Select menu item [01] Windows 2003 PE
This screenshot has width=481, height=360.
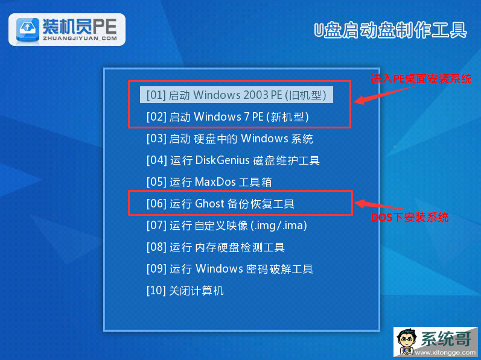pyautogui.click(x=236, y=95)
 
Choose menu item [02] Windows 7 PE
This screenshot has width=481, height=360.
pyautogui.click(x=228, y=117)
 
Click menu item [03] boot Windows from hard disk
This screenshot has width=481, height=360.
pyautogui.click(x=230, y=139)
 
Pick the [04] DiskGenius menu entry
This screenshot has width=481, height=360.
pyautogui.click(x=233, y=160)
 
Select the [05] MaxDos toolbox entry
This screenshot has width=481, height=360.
pyautogui.click(x=209, y=182)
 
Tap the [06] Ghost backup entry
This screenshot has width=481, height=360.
pyautogui.click(x=220, y=204)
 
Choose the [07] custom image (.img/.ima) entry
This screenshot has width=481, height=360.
pyautogui.click(x=227, y=226)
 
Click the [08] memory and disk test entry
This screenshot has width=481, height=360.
pyautogui.click(x=215, y=247)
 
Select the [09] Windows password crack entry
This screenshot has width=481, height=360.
pyautogui.click(x=230, y=269)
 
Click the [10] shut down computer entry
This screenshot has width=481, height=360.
pyautogui.click(x=185, y=291)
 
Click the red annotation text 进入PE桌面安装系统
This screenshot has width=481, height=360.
pyautogui.click(x=421, y=79)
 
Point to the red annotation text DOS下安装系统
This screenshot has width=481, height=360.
pyautogui.click(x=410, y=218)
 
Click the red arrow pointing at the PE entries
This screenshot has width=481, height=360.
pyautogui.click(x=385, y=93)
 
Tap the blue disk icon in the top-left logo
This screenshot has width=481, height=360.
pyautogui.click(x=28, y=30)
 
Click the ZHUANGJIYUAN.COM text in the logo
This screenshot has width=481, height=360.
pyautogui.click(x=80, y=39)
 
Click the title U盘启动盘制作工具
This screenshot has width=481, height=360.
pyautogui.click(x=390, y=30)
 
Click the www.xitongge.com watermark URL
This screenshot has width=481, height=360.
pyautogui.click(x=445, y=353)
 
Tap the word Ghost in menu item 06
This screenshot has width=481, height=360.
pyautogui.click(x=210, y=204)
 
